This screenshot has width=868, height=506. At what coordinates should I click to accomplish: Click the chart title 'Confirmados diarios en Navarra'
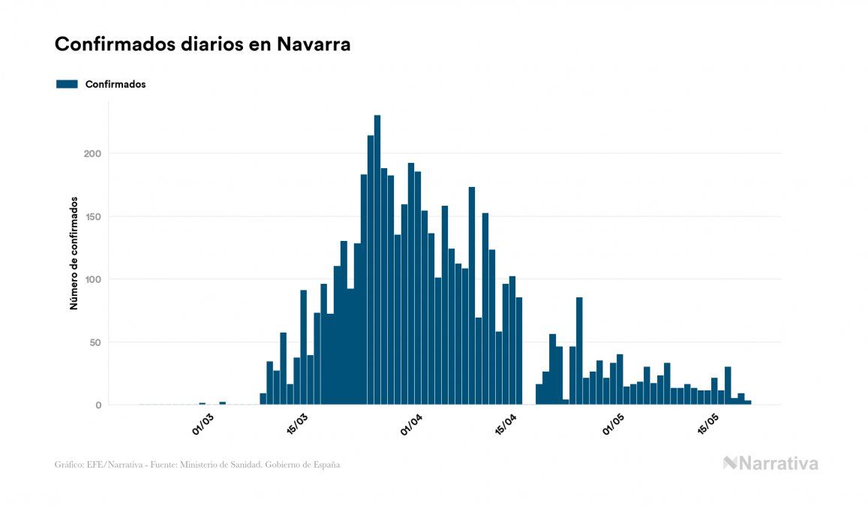click(x=203, y=44)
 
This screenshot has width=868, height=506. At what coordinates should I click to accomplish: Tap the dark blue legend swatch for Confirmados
click(x=67, y=84)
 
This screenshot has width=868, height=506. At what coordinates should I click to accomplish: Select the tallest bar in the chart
click(x=377, y=260)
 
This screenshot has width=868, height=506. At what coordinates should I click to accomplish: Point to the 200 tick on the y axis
click(x=92, y=154)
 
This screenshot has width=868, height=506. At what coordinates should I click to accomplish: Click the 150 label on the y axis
click(x=92, y=217)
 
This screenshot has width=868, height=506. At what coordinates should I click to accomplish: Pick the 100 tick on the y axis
click(x=92, y=279)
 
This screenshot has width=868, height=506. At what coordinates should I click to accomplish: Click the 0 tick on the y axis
click(x=98, y=405)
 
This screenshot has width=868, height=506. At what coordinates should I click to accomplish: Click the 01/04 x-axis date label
click(x=413, y=423)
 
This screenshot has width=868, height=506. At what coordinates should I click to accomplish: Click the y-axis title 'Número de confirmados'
click(x=74, y=254)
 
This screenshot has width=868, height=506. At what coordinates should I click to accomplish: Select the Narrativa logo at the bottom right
click(x=770, y=463)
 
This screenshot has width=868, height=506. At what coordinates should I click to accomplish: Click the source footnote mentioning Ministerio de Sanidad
click(x=197, y=465)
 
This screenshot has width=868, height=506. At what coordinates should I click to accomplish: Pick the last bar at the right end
click(x=748, y=402)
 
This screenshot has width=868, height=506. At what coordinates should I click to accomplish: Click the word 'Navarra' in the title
click(x=314, y=44)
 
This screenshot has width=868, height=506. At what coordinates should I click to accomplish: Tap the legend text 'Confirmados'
click(x=116, y=84)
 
